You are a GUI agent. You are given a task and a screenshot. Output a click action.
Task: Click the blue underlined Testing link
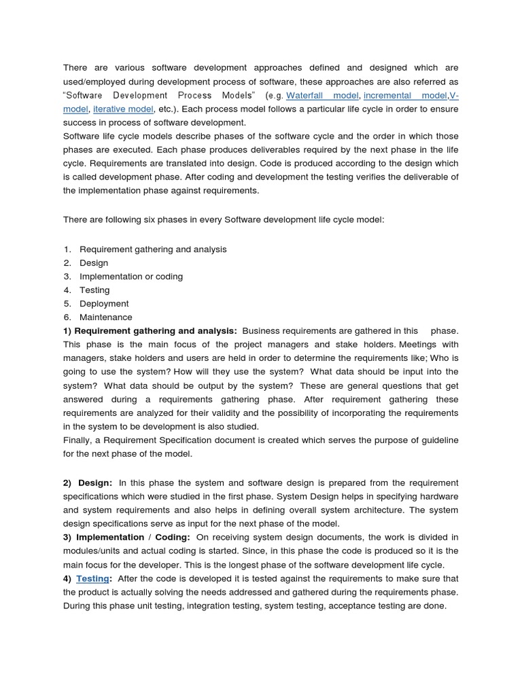point(92,578)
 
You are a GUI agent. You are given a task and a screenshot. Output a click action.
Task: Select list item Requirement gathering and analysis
point(153,249)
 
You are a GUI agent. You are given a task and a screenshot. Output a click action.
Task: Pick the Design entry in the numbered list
point(94,263)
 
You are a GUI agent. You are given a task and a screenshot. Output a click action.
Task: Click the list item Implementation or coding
point(131,277)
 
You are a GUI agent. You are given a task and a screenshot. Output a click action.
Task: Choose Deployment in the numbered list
point(104,304)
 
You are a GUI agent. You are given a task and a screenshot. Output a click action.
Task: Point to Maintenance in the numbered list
point(106,317)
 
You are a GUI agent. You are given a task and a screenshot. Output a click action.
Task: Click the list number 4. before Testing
point(67,290)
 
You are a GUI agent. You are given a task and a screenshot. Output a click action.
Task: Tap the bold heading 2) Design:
point(88,483)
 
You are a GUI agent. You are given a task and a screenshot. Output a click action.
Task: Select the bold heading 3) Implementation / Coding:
point(126,537)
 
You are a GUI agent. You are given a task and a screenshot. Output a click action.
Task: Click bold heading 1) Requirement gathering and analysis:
point(150,331)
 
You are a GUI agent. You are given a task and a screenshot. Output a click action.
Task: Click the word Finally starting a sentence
point(78,440)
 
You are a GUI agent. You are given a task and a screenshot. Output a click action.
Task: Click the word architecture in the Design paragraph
point(390,510)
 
